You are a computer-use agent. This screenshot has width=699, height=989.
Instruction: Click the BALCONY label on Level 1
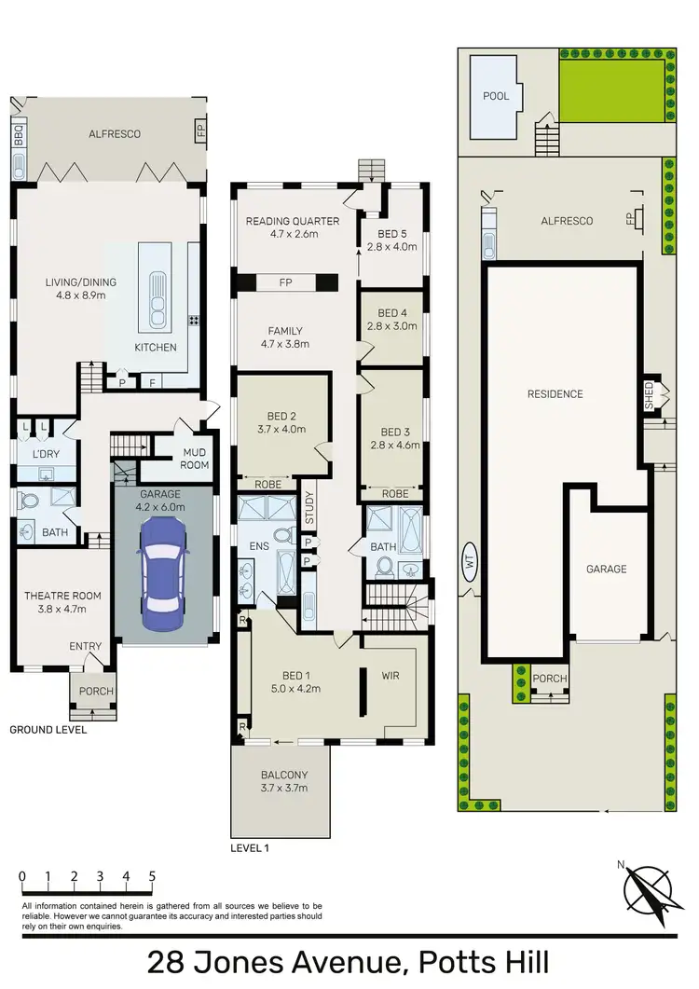[x=282, y=775]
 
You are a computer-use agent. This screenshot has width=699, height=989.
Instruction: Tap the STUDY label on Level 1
[x=309, y=508]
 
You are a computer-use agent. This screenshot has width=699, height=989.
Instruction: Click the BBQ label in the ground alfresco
[x=19, y=136]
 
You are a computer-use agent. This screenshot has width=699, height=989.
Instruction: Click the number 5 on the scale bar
[x=151, y=877]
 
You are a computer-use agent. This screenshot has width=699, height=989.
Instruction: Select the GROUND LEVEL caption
[x=48, y=730]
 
